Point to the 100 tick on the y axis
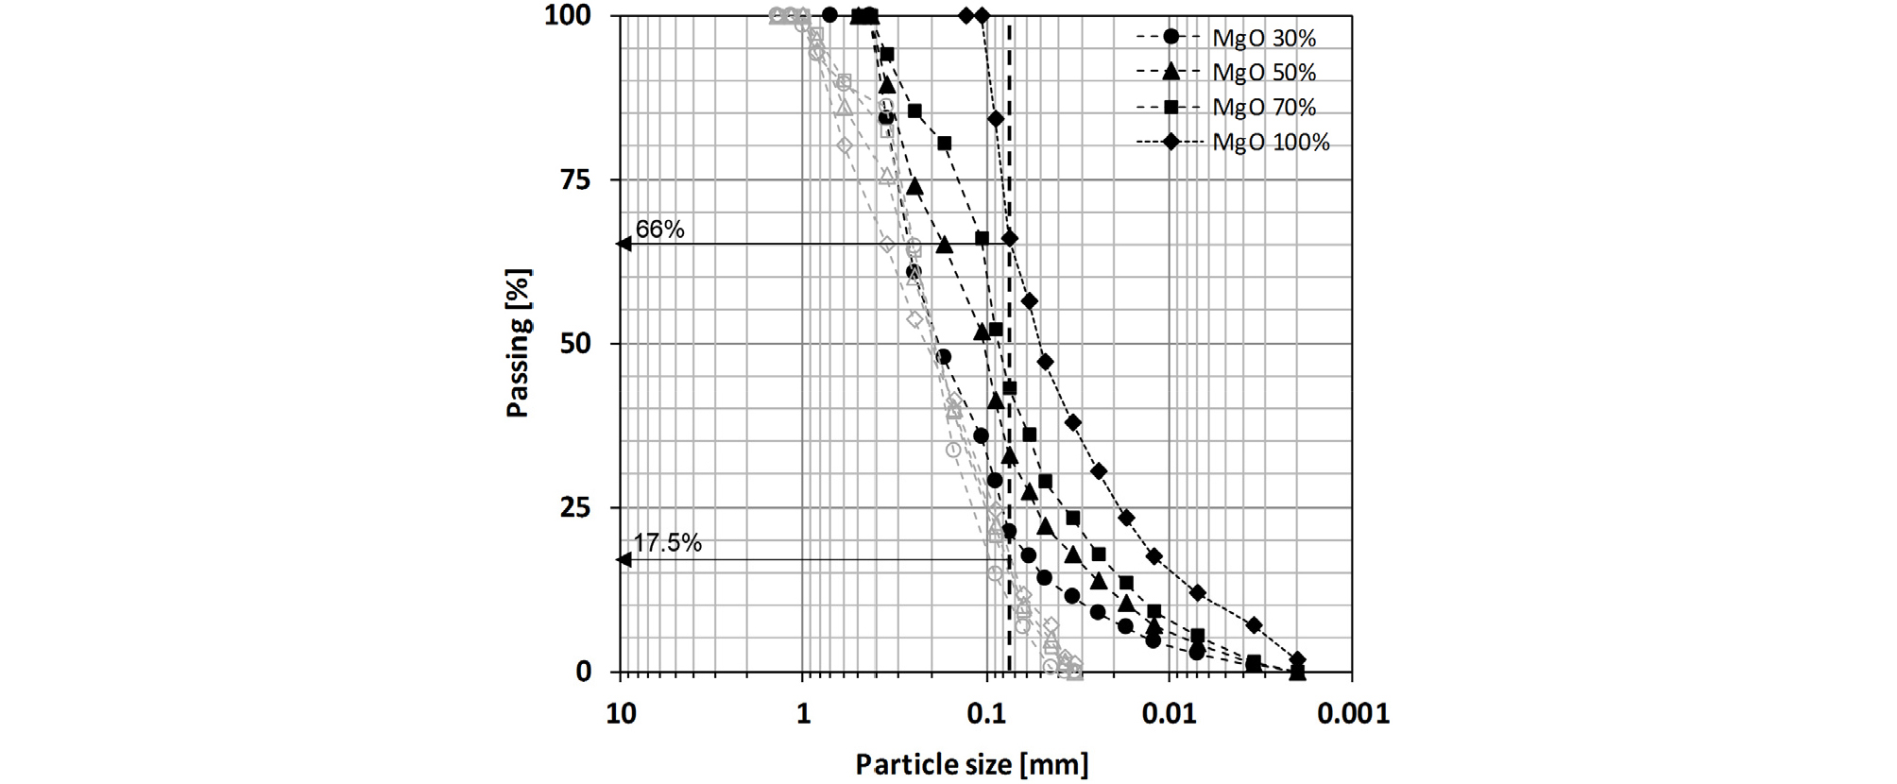pos(568,16)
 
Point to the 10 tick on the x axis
pos(621,714)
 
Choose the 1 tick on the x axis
pos(803,714)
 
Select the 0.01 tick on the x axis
pos(1169,714)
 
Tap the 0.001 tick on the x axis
pos(1353,714)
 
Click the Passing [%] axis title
pos(519,344)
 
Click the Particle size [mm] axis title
pos(971,764)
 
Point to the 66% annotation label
pos(659,230)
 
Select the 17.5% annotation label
pos(667,543)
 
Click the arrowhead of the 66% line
pos(624,245)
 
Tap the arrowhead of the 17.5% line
pos(624,560)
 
